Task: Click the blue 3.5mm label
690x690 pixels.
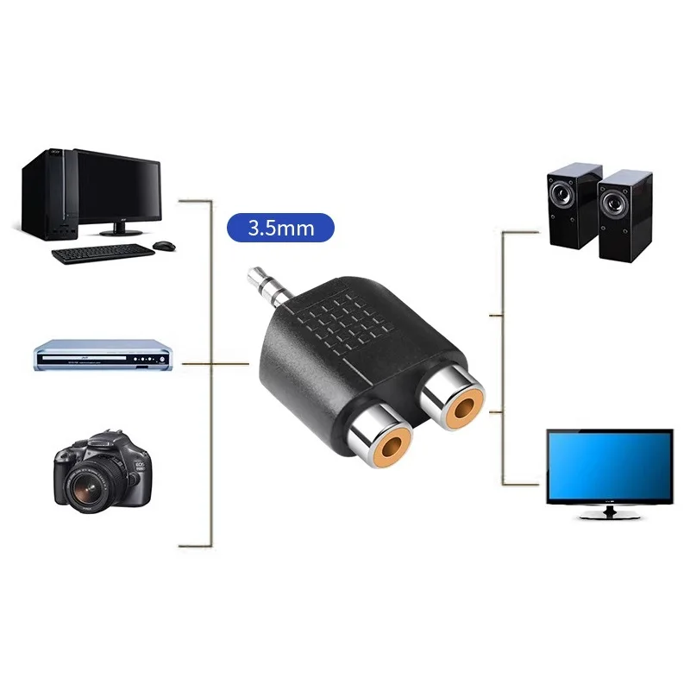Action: pyautogui.click(x=279, y=229)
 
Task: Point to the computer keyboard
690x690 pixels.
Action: pyautogui.click(x=102, y=254)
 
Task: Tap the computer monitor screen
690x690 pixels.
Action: pyautogui.click(x=117, y=186)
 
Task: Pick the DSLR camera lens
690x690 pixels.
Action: pyautogui.click(x=89, y=488)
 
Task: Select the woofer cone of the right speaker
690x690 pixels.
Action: pyautogui.click(x=614, y=204)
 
